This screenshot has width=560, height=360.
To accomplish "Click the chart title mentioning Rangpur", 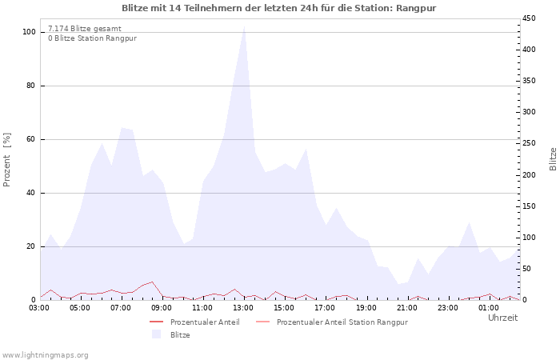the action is pyautogui.click(x=279, y=8).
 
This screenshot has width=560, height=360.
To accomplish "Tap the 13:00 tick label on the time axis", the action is pyautogui.click(x=243, y=308).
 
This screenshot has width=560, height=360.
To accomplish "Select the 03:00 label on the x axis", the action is pyautogui.click(x=40, y=308).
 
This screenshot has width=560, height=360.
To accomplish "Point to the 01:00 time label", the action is pyautogui.click(x=488, y=308).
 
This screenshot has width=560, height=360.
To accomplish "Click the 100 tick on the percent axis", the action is pyautogui.click(x=29, y=32).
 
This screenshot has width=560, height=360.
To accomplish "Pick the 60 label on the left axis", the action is pyautogui.click(x=30, y=139).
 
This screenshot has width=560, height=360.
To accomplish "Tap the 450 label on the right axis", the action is pyautogui.click(x=529, y=18).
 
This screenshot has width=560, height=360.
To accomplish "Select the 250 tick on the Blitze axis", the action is pyautogui.click(x=529, y=143).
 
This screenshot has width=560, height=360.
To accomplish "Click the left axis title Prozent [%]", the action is pyautogui.click(x=6, y=160).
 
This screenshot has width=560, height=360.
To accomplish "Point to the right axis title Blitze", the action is pyautogui.click(x=553, y=159).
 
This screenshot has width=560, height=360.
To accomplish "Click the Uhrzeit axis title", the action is pyautogui.click(x=503, y=318).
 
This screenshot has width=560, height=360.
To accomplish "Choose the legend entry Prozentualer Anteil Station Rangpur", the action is pyautogui.click(x=342, y=322).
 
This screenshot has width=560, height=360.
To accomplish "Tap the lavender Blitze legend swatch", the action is pyautogui.click(x=156, y=334).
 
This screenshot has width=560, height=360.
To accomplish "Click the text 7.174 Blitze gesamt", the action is pyautogui.click(x=85, y=29).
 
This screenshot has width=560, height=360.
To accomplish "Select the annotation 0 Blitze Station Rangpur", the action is pyautogui.click(x=93, y=38).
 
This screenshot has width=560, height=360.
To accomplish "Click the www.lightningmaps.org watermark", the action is pyautogui.click(x=45, y=355).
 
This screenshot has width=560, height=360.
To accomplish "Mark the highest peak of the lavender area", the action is pyautogui.click(x=244, y=26).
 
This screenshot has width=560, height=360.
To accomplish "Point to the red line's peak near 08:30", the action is pyautogui.click(x=153, y=282).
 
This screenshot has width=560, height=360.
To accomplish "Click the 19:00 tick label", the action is pyautogui.click(x=366, y=308).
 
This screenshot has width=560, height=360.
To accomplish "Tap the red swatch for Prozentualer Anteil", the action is pyautogui.click(x=156, y=322).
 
